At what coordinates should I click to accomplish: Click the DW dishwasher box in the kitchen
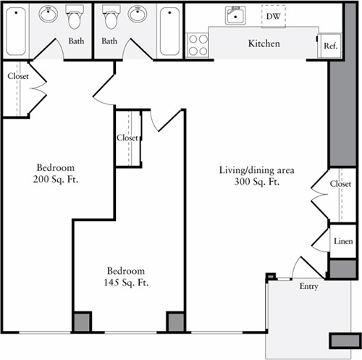coord(273,15)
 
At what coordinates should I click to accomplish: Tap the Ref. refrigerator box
coord(330,46)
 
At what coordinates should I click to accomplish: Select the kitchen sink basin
coord(235,15)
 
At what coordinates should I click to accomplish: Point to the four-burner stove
coord(198,46)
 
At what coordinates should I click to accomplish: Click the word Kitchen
coord(264,43)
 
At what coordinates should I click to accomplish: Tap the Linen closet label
coord(343,240)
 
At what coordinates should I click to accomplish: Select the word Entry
coord(308,287)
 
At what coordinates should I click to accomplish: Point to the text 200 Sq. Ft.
coord(55,179)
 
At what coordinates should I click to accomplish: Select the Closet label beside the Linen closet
coord(340,184)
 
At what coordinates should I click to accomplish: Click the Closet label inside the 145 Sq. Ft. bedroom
coord(127,138)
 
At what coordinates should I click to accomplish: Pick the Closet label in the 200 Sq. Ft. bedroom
coord(18,75)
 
